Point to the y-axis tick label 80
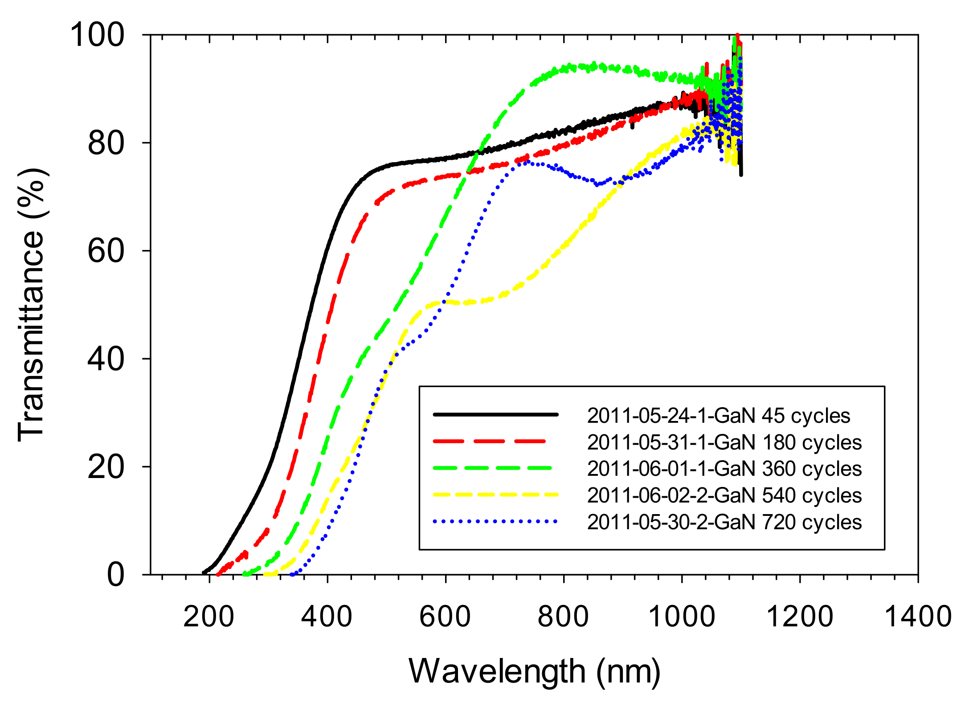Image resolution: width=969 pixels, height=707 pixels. [x=106, y=143]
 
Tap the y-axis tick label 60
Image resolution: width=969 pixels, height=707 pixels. [x=106, y=251]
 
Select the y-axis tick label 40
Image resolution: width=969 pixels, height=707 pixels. [x=106, y=360]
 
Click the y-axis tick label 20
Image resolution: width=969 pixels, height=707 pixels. [x=106, y=467]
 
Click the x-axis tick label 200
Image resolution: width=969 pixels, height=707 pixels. [x=209, y=617]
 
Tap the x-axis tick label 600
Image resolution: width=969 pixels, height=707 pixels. [x=445, y=617]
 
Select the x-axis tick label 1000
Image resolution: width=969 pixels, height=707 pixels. [x=681, y=617]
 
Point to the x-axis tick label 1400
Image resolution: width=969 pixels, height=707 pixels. [x=918, y=617]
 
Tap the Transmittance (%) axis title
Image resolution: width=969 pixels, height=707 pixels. [x=31, y=305]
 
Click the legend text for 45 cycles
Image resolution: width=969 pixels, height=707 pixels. [x=718, y=416]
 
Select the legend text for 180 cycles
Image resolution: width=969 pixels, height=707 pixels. [x=724, y=442]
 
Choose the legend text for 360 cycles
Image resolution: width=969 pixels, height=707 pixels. [x=724, y=469]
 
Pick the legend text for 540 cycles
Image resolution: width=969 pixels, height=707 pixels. [x=724, y=495]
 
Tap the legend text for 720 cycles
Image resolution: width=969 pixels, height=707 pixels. [x=724, y=522]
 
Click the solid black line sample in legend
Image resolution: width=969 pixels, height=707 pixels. [x=495, y=415]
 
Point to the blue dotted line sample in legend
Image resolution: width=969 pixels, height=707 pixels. [x=495, y=521]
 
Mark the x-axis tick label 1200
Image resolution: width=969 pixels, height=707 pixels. [x=799, y=617]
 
